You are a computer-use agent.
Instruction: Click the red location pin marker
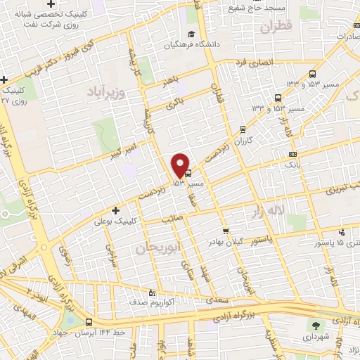pyautogui.click(x=181, y=165)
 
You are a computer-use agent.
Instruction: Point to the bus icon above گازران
pyautogui.click(x=243, y=129)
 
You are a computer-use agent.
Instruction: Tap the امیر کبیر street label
pyautogui.click(x=128, y=148)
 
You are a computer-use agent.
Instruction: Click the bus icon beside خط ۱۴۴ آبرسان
pyautogui.click(x=88, y=321)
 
